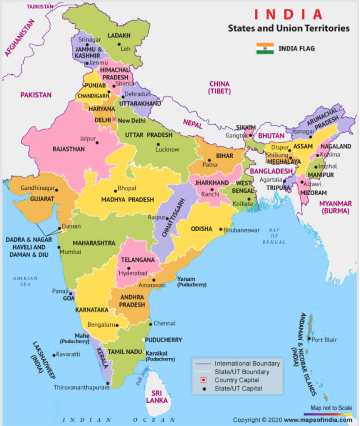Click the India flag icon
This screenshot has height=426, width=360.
[x=265, y=48]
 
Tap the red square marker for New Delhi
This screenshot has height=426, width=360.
[x=114, y=119]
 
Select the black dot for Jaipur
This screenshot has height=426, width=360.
[x=97, y=142]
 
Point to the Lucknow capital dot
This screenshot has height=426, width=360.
[x=158, y=144]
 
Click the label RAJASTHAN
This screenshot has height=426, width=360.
[x=69, y=149]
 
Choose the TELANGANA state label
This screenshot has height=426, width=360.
[x=138, y=260]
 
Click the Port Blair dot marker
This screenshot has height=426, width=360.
[x=309, y=339]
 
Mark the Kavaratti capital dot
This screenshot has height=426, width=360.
[x=54, y=355]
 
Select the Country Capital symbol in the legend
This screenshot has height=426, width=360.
[x=204, y=380]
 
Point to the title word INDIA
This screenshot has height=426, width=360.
[x=288, y=15]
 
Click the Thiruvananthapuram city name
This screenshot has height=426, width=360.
[x=81, y=387]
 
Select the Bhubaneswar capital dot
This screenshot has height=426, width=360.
[x=221, y=229]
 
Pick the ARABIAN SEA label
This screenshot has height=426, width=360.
[x=25, y=281]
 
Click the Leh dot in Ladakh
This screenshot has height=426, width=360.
[x=118, y=44]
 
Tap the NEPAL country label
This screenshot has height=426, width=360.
[x=192, y=124]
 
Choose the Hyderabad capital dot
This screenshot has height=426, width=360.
[x=129, y=268]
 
